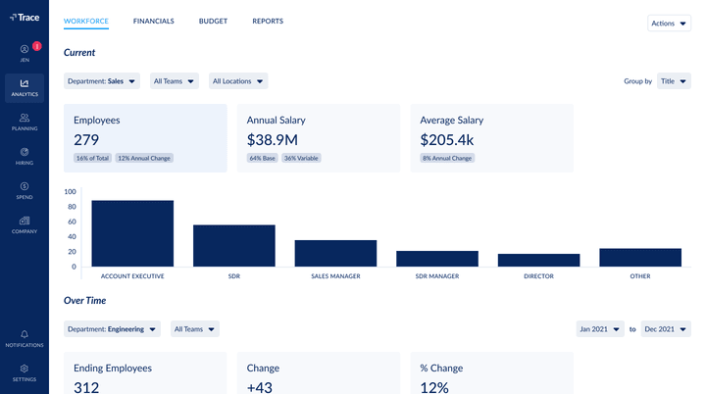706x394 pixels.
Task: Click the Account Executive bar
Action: click(x=132, y=233)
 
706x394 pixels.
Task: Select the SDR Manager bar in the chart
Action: click(x=436, y=259)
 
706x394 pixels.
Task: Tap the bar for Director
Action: click(x=538, y=260)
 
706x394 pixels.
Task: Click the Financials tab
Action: click(x=153, y=22)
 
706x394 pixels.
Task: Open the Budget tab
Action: click(x=213, y=22)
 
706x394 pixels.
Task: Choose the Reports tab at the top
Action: click(x=268, y=22)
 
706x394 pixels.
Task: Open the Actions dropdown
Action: click(x=669, y=23)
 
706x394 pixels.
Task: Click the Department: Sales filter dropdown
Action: click(x=102, y=81)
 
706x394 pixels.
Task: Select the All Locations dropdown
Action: click(x=238, y=81)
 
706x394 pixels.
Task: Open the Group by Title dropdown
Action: click(x=673, y=81)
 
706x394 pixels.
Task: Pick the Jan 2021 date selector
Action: click(x=600, y=329)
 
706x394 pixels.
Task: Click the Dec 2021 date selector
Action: click(x=666, y=329)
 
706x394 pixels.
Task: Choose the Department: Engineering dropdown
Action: click(x=112, y=329)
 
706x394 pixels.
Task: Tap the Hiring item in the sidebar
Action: click(x=25, y=156)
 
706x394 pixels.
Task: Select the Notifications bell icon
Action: click(x=25, y=335)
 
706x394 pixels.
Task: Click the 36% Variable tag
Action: click(x=301, y=158)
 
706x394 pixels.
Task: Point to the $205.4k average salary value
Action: click(x=447, y=140)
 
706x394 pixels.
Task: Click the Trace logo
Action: click(x=25, y=17)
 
